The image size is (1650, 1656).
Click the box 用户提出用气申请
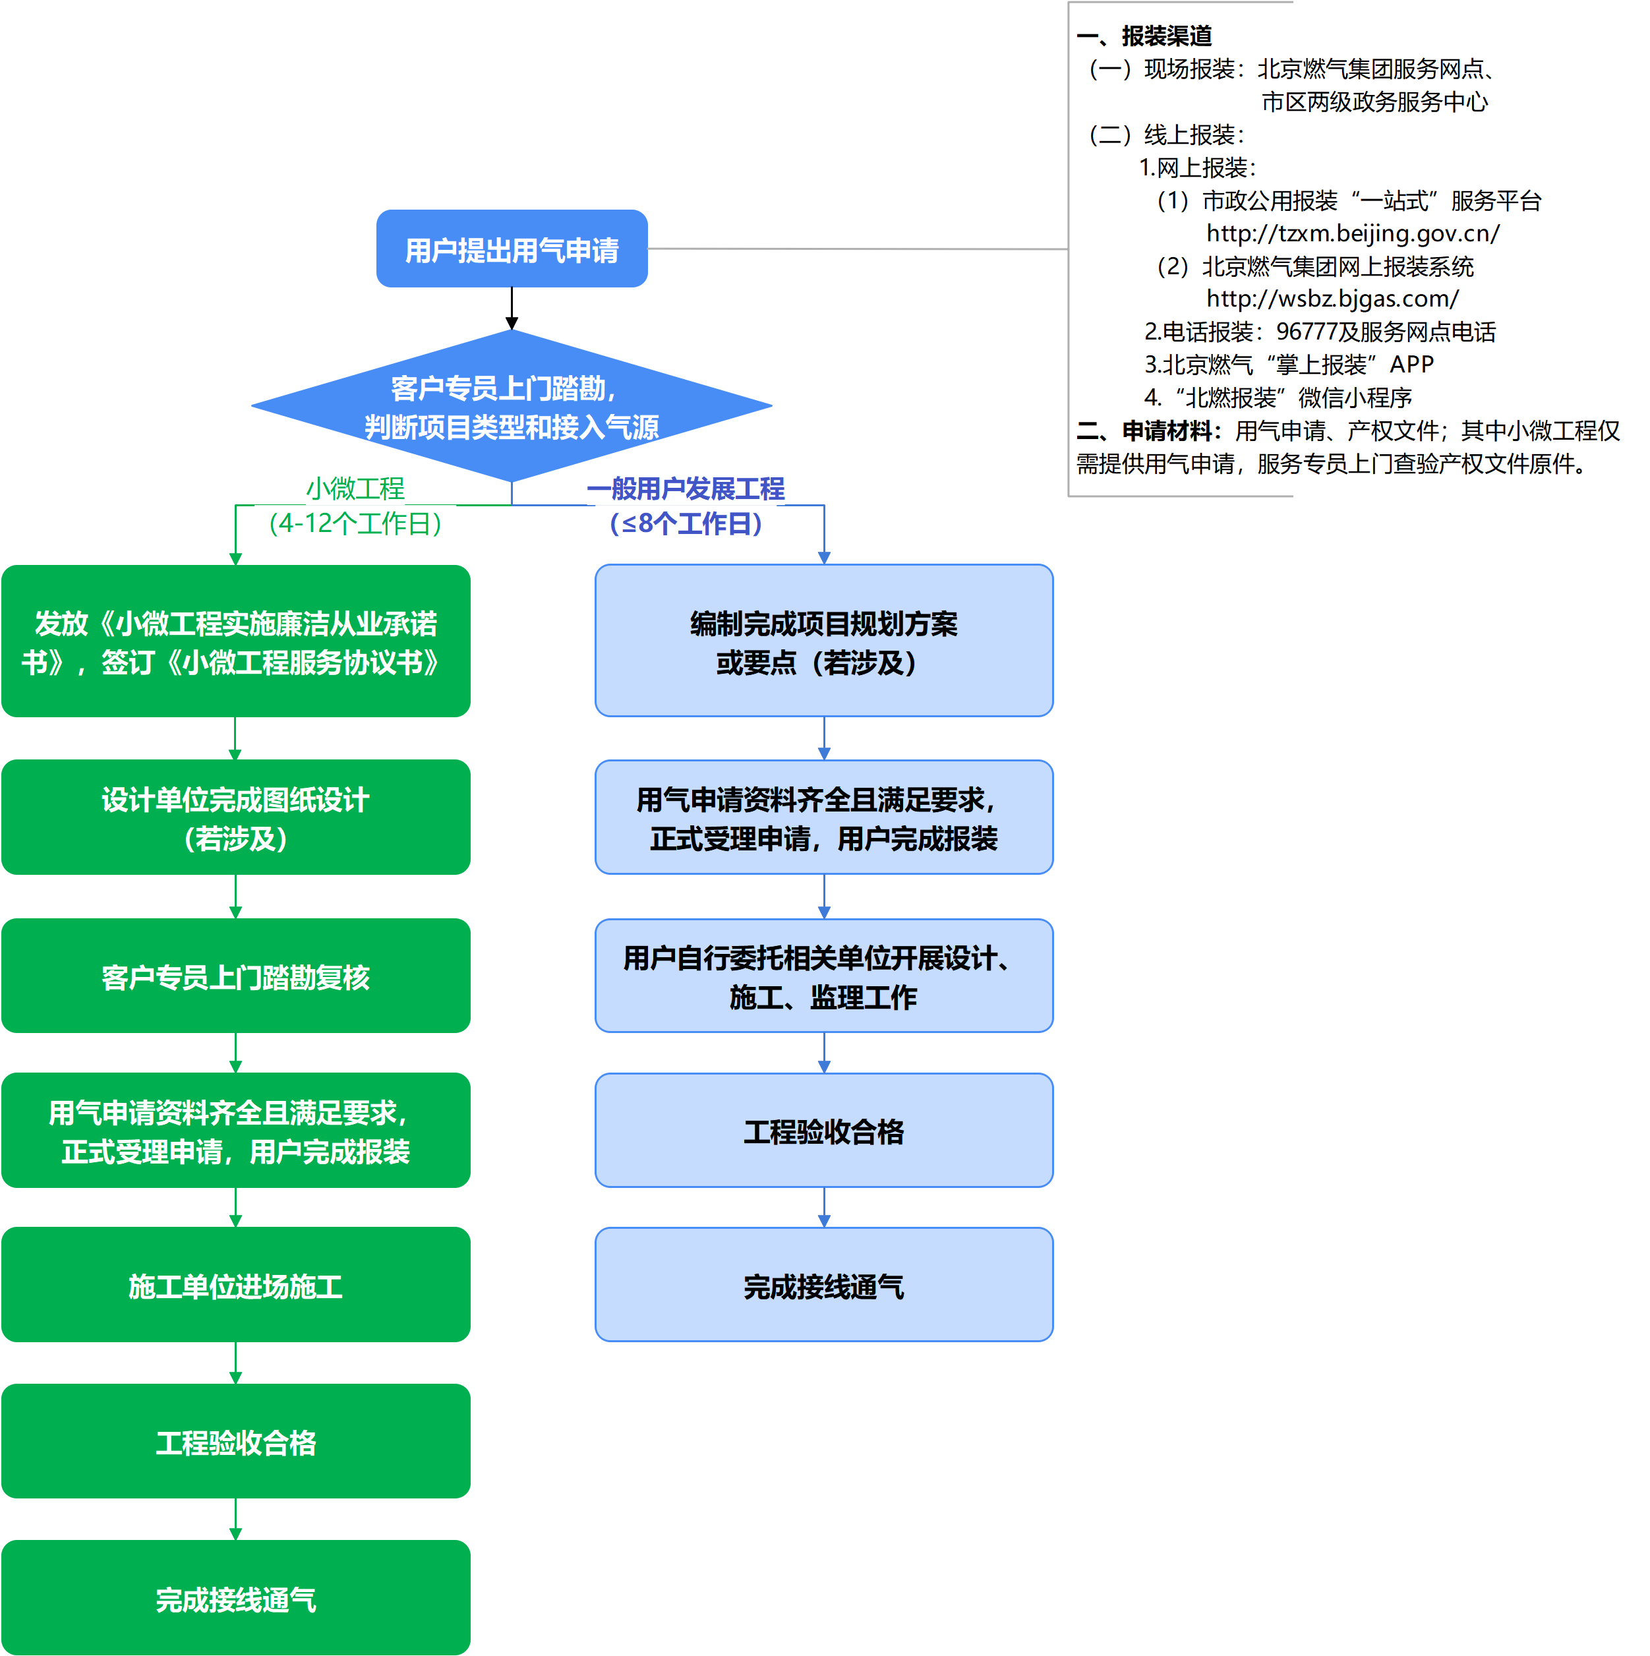512,249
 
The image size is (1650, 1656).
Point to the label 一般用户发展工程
685,488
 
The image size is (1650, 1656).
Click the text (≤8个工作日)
685,523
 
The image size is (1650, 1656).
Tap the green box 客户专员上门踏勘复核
236,976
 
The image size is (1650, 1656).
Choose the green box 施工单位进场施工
236,1286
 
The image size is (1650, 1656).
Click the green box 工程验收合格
236,1442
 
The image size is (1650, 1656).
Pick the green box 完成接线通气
236,1599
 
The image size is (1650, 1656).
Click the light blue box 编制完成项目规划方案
824,641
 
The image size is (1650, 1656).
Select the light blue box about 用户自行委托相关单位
824,976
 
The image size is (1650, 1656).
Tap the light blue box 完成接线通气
824,1286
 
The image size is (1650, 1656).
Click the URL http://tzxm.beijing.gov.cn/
1353,233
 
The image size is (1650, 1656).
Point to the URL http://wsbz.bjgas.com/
1332,299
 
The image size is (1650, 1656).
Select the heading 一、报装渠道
1144,36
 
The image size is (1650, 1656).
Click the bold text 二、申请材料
1148,431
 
